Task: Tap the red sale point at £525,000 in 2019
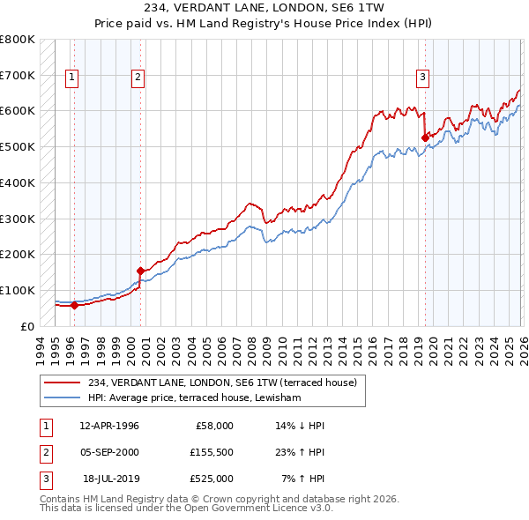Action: [x=425, y=137]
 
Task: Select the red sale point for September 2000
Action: [x=140, y=271]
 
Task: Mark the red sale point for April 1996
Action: [x=74, y=305]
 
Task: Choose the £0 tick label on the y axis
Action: [x=26, y=326]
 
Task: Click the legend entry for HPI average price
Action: [x=194, y=398]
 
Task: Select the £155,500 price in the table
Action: [x=212, y=452]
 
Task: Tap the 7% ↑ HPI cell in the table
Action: [x=302, y=479]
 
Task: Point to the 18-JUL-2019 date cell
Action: [x=110, y=479]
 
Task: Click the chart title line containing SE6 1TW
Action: [x=264, y=6]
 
